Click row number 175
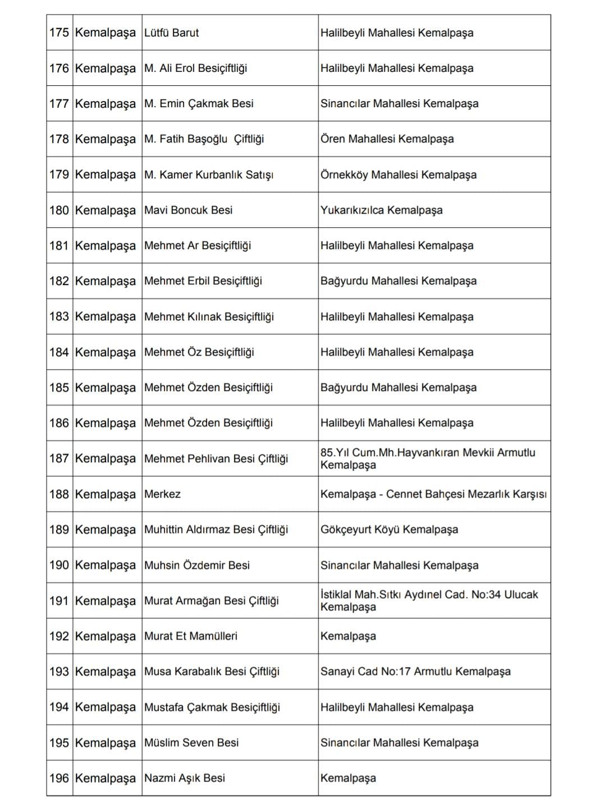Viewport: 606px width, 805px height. [x=59, y=33]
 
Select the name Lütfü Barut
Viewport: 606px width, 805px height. [x=172, y=33]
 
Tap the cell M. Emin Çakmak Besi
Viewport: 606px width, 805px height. [x=199, y=104]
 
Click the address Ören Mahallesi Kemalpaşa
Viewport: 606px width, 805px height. [x=387, y=139]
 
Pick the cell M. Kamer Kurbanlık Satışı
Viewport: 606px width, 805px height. [x=209, y=174]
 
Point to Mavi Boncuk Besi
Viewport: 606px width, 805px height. [x=189, y=210]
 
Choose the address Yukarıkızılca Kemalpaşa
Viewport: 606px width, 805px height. [x=382, y=210]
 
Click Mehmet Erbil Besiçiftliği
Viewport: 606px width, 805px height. [x=203, y=281]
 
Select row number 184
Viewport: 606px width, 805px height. [x=59, y=352]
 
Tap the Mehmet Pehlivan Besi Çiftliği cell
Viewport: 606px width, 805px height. [x=216, y=459]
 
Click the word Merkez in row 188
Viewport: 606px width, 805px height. [x=163, y=494]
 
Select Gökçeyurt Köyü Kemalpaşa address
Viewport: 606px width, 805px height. [x=389, y=530]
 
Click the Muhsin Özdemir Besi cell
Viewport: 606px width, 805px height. [x=197, y=565]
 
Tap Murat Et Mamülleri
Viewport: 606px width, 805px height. [x=191, y=636]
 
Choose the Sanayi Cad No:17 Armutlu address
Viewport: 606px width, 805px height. [x=415, y=671]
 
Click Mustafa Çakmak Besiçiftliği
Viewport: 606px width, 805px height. [x=212, y=707]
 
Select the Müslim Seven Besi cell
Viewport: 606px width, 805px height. [x=191, y=743]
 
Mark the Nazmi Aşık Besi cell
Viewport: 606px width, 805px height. [x=185, y=778]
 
